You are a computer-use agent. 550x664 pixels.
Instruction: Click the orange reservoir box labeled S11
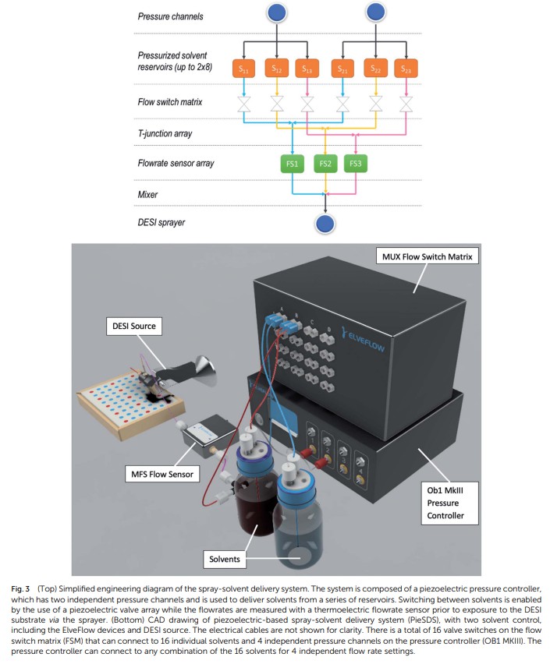[x=245, y=69]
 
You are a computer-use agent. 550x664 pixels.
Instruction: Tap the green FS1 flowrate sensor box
[x=293, y=164]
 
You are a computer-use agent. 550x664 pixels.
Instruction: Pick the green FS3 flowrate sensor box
[x=355, y=164]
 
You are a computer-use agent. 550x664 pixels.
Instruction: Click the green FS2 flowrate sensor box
[x=325, y=164]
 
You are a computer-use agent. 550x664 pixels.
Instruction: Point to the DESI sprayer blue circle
[x=325, y=224]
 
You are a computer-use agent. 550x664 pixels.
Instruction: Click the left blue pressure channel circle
[x=276, y=12]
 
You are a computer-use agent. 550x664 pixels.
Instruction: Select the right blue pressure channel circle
[x=375, y=12]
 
